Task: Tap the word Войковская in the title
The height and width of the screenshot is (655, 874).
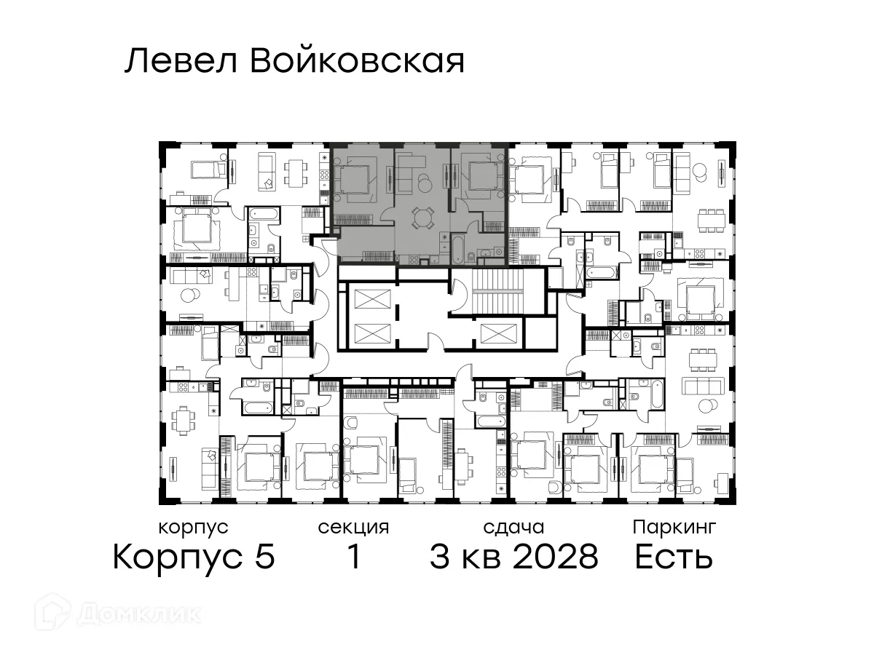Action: click(357, 62)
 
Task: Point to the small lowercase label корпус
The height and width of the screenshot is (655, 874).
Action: click(193, 527)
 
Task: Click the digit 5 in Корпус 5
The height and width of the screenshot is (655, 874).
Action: click(265, 558)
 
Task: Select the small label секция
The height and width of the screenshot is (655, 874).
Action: click(354, 527)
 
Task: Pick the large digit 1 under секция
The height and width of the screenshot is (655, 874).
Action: click(354, 558)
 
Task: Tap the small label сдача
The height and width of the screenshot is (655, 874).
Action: click(514, 527)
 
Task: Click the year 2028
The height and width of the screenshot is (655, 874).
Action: click(556, 558)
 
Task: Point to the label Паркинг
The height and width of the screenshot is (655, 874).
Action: click(674, 527)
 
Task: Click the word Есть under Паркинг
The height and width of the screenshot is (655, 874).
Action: click(673, 558)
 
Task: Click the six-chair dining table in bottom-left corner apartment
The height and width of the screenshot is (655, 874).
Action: click(183, 418)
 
